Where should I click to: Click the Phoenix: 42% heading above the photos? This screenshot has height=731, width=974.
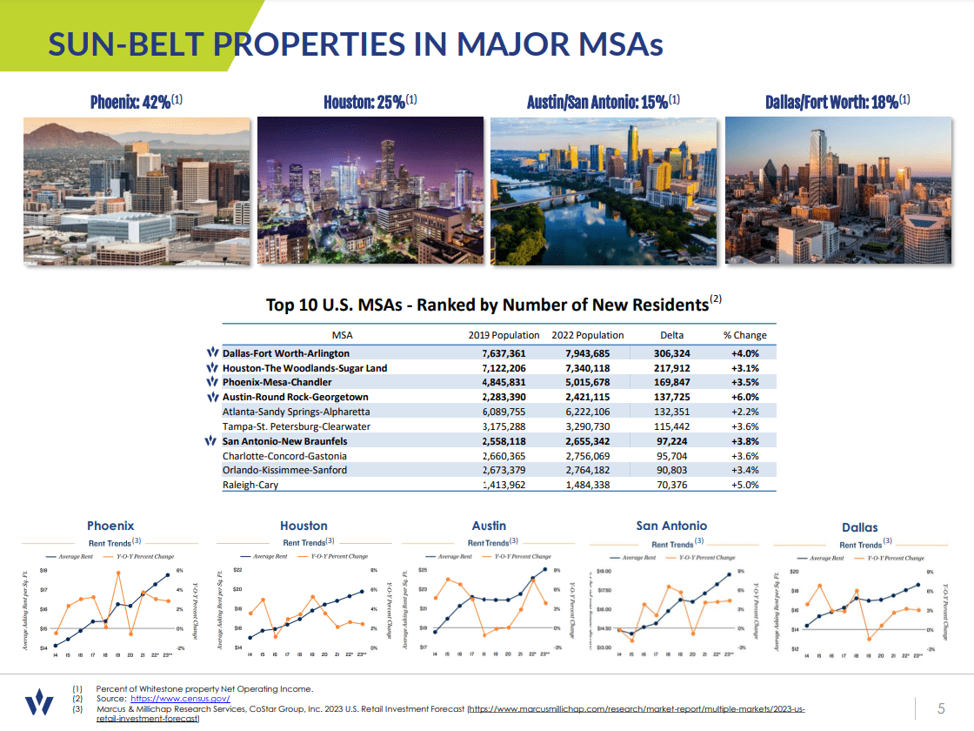tap(136, 101)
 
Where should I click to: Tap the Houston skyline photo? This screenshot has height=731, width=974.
tap(370, 191)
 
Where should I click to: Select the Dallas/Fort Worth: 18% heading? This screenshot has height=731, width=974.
tap(837, 101)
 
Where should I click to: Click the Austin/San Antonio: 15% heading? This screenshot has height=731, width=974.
tap(603, 101)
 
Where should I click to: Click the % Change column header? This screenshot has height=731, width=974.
tap(744, 335)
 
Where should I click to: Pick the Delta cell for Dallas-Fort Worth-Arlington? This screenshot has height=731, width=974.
tap(671, 353)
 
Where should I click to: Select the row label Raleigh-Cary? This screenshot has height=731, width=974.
tap(250, 485)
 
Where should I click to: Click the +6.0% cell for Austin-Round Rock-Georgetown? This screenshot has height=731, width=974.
tap(744, 397)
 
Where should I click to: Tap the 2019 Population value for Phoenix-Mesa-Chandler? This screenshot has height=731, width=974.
tap(504, 382)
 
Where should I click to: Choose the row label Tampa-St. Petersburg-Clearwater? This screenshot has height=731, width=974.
tap(296, 426)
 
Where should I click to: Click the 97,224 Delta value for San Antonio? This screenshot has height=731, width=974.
tap(671, 441)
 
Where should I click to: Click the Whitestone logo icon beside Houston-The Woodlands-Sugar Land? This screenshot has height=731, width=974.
tap(212, 368)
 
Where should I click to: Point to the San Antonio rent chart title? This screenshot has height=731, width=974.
tap(671, 526)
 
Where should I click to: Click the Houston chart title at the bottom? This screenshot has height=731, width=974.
tap(304, 526)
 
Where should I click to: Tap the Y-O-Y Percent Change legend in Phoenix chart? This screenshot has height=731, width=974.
tap(143, 555)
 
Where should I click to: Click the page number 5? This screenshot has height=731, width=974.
tap(941, 707)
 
